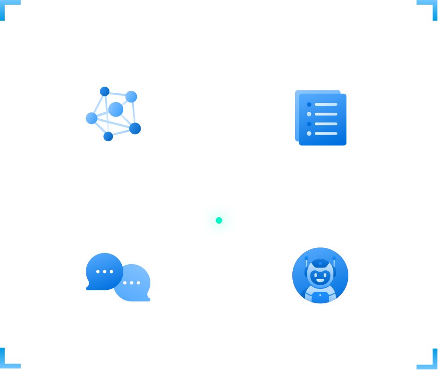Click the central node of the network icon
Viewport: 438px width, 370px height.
pyautogui.click(x=115, y=110)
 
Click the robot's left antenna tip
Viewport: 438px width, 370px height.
pyautogui.click(x=306, y=258)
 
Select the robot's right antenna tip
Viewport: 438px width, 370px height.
pyautogui.click(x=333, y=258)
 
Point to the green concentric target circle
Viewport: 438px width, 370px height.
pyautogui.click(x=219, y=220)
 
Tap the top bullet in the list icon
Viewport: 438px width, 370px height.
pyautogui.click(x=309, y=104)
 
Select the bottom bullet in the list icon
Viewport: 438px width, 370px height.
pyautogui.click(x=309, y=134)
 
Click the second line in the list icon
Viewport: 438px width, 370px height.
pyautogui.click(x=326, y=114)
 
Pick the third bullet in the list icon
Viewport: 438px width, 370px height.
pyautogui.click(x=309, y=124)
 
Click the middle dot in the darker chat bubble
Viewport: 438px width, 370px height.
pyautogui.click(x=105, y=272)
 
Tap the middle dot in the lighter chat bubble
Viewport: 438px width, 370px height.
pyautogui.click(x=132, y=283)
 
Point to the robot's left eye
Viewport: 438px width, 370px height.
pyautogui.click(x=315, y=274)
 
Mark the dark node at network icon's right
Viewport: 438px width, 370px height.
pyautogui.click(x=134, y=128)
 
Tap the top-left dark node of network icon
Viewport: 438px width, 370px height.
pyautogui.click(x=105, y=91)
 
